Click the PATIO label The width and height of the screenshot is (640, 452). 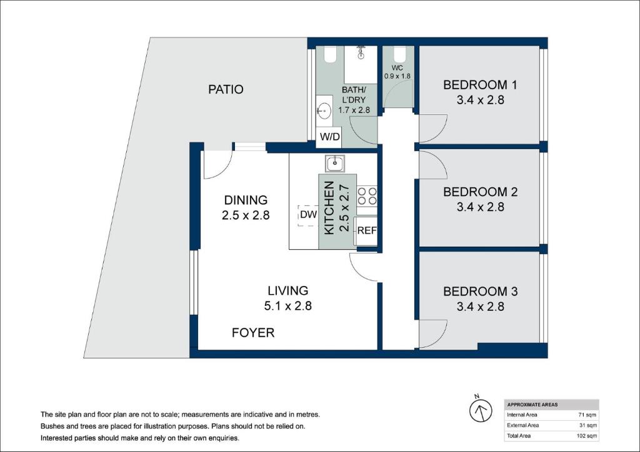point(226,89)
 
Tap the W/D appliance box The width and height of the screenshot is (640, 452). point(329,137)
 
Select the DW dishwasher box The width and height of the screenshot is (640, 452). point(307,215)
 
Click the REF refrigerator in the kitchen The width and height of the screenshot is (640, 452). point(366,231)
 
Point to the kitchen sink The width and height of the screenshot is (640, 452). point(335,163)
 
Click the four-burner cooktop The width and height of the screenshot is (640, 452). point(367,196)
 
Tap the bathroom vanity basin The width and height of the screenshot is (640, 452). point(325,110)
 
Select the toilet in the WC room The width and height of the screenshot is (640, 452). point(398,54)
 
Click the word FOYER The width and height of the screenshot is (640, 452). point(253,333)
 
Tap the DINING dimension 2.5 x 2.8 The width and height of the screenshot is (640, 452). point(246,215)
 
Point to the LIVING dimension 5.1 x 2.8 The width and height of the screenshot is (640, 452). point(287,306)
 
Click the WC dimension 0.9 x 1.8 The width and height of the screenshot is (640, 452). point(397,76)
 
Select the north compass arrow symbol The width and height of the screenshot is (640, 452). point(481,410)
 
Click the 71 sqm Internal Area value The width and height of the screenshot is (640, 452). point(587,415)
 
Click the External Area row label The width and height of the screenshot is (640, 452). point(523,425)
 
